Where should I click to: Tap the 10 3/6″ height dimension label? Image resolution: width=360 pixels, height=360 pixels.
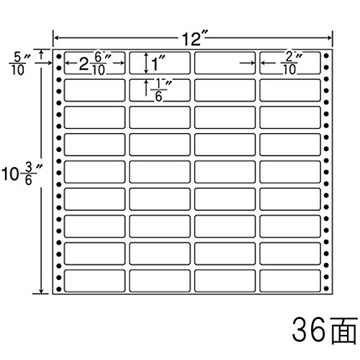[22, 174]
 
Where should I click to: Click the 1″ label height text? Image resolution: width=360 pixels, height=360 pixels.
[158, 63]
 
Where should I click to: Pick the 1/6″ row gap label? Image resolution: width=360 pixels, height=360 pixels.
[160, 90]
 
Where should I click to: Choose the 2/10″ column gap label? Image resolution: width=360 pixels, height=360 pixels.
[291, 63]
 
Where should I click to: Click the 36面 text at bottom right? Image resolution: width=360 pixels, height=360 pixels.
[324, 330]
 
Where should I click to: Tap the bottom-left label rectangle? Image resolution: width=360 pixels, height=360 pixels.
[94, 281]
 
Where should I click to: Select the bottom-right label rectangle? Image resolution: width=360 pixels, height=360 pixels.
[290, 281]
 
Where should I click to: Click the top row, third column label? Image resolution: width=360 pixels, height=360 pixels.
[225, 63]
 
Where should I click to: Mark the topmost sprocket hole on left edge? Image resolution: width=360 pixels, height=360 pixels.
[59, 57]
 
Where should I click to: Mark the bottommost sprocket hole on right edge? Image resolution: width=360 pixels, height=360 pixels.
[326, 288]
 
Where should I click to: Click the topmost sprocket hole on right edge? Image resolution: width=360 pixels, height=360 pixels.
[326, 56]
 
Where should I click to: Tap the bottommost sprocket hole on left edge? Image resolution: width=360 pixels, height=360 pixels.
[59, 289]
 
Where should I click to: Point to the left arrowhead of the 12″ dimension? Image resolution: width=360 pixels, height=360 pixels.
[55, 37]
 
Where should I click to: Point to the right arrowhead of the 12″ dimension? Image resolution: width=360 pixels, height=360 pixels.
[329, 37]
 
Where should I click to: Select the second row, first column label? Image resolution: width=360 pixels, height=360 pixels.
[94, 90]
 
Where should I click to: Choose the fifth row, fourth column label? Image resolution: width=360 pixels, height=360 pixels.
[290, 172]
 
